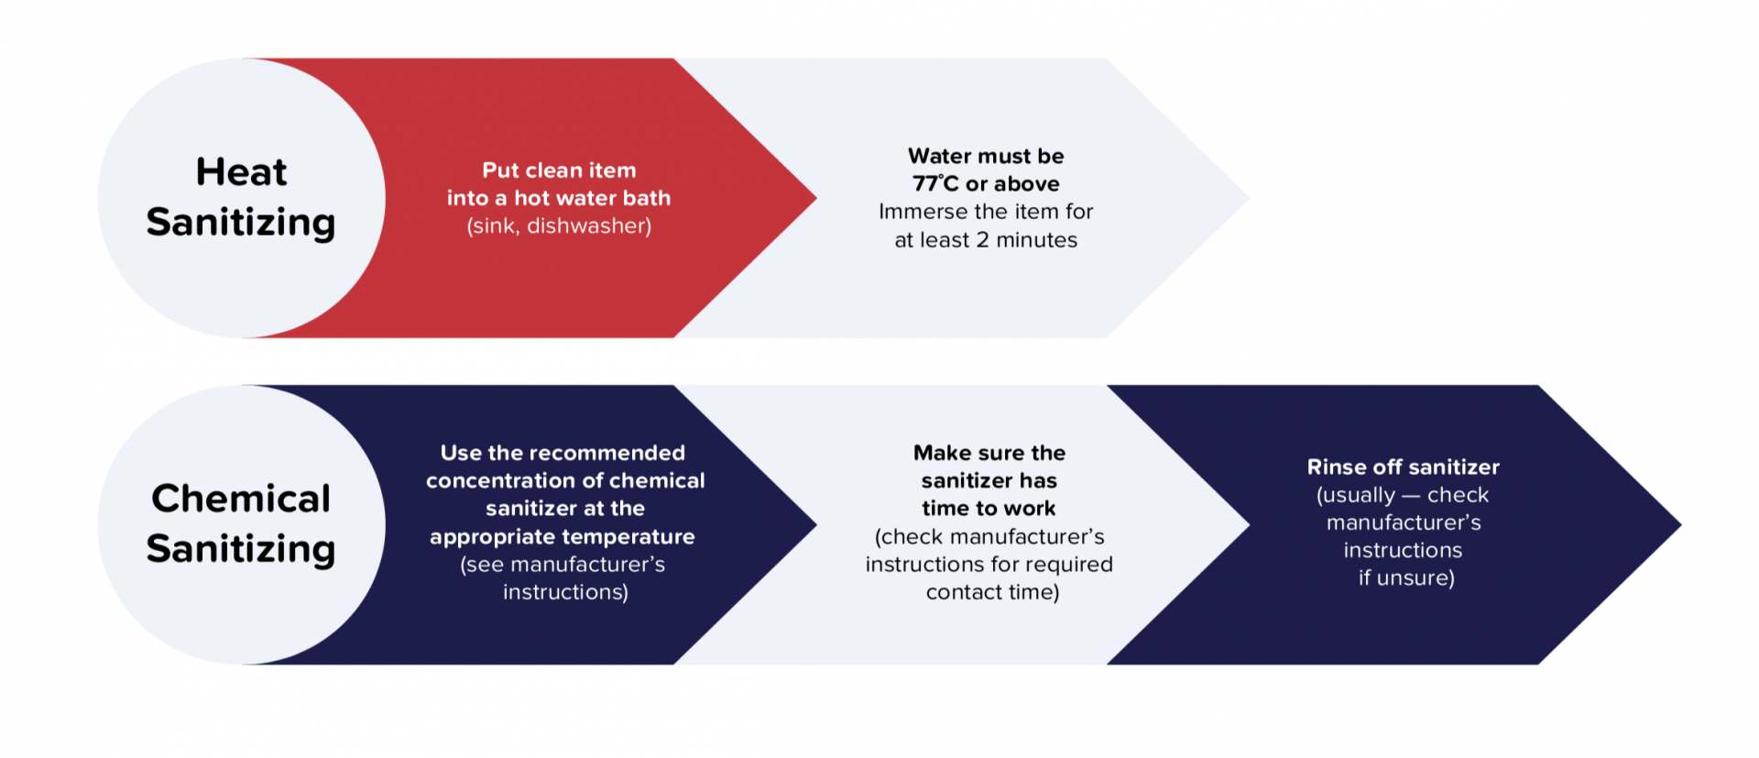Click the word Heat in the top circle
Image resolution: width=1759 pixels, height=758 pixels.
pyautogui.click(x=241, y=172)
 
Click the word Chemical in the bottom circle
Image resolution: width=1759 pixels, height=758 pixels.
pyautogui.click(x=241, y=499)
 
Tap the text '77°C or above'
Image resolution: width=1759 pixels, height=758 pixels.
pyautogui.click(x=986, y=184)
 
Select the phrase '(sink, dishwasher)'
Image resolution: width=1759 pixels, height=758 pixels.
pyautogui.click(x=559, y=226)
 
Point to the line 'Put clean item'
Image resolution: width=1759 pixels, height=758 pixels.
pyautogui.click(x=559, y=170)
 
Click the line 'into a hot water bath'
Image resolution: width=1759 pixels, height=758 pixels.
pyautogui.click(x=559, y=198)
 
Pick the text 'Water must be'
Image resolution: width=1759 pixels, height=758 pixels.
pyautogui.click(x=986, y=156)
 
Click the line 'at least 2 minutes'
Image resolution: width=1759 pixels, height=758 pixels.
pyautogui.click(x=986, y=240)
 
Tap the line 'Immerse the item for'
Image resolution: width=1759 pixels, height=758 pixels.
pyautogui.click(x=986, y=212)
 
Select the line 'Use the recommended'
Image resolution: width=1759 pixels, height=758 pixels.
pyautogui.click(x=563, y=453)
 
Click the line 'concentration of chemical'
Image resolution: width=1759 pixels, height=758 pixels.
pyautogui.click(x=565, y=480)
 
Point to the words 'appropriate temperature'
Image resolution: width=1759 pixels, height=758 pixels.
pyautogui.click(x=563, y=537)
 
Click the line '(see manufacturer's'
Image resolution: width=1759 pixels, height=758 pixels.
pyautogui.click(x=563, y=565)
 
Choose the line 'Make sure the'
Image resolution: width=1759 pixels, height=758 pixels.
pyautogui.click(x=989, y=453)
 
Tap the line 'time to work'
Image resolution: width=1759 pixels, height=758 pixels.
pyautogui.click(x=989, y=509)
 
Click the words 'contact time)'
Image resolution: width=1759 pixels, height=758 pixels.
pyautogui.click(x=992, y=592)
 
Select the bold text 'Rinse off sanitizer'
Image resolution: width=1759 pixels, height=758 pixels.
pyautogui.click(x=1403, y=467)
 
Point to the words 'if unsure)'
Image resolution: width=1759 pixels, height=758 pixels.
pyautogui.click(x=1406, y=578)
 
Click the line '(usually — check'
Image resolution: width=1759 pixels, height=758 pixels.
pyautogui.click(x=1403, y=495)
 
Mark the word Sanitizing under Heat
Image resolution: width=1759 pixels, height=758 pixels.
pyautogui.click(x=241, y=223)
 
